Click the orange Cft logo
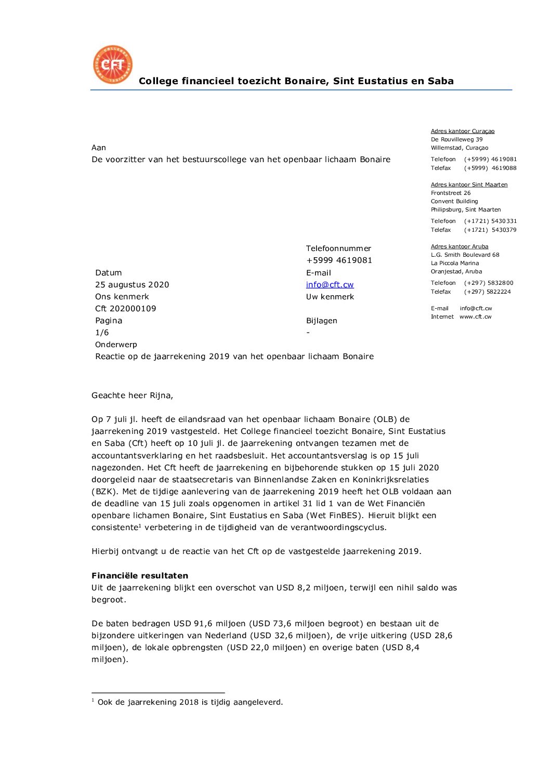coord(112,64)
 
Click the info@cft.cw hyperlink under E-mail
coord(330,285)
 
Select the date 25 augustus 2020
coord(132,285)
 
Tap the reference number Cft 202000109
coord(125,309)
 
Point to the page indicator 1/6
coord(102,333)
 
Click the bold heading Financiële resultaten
coord(140,576)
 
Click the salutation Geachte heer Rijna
coord(132,395)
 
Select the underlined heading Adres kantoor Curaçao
coord(462,131)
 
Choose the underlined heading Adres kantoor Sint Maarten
coord(469,185)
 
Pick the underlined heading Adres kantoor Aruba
coord(459,247)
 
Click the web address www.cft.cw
coord(475,317)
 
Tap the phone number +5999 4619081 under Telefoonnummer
coord(339,260)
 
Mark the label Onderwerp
coord(116,345)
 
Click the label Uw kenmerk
coord(330,297)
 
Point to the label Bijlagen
coord(321,321)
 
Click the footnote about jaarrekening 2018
coord(190,702)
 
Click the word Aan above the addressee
coord(99,148)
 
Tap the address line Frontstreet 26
coord(450,193)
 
